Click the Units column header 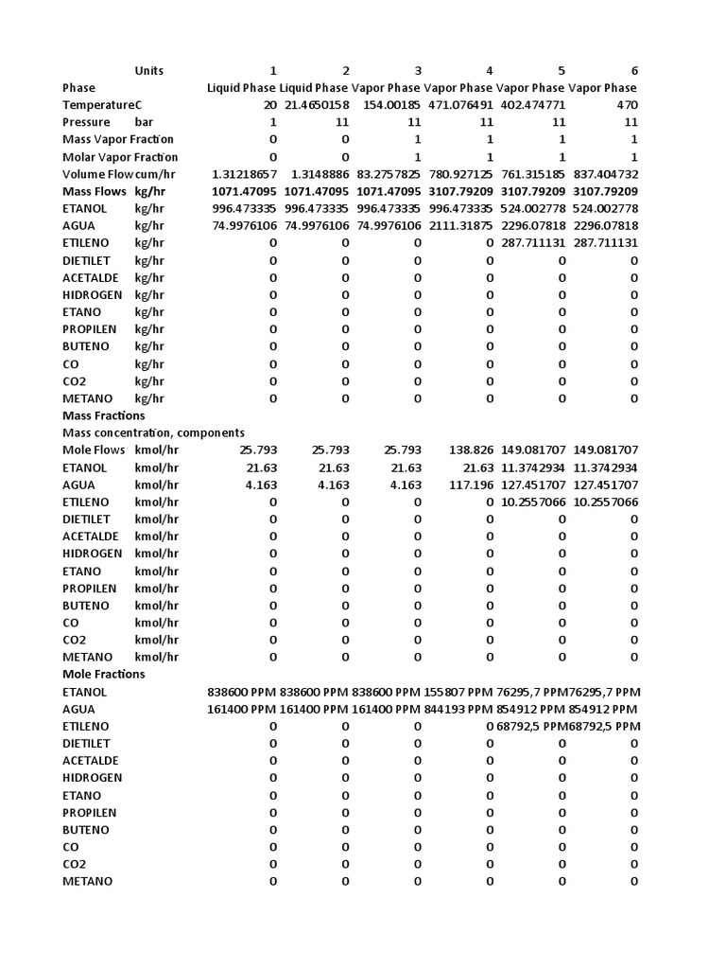pos(148,71)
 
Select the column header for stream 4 pos(489,71)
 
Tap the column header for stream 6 pos(634,71)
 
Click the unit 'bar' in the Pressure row pos(144,122)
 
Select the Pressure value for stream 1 pos(273,122)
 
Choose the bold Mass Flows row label pos(95,191)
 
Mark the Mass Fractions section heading pos(104,415)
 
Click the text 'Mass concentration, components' pos(153,432)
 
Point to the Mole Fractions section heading pos(104,674)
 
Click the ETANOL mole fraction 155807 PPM pos(458,692)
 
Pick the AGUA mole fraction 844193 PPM pos(458,709)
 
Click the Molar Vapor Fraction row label pos(120,157)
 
